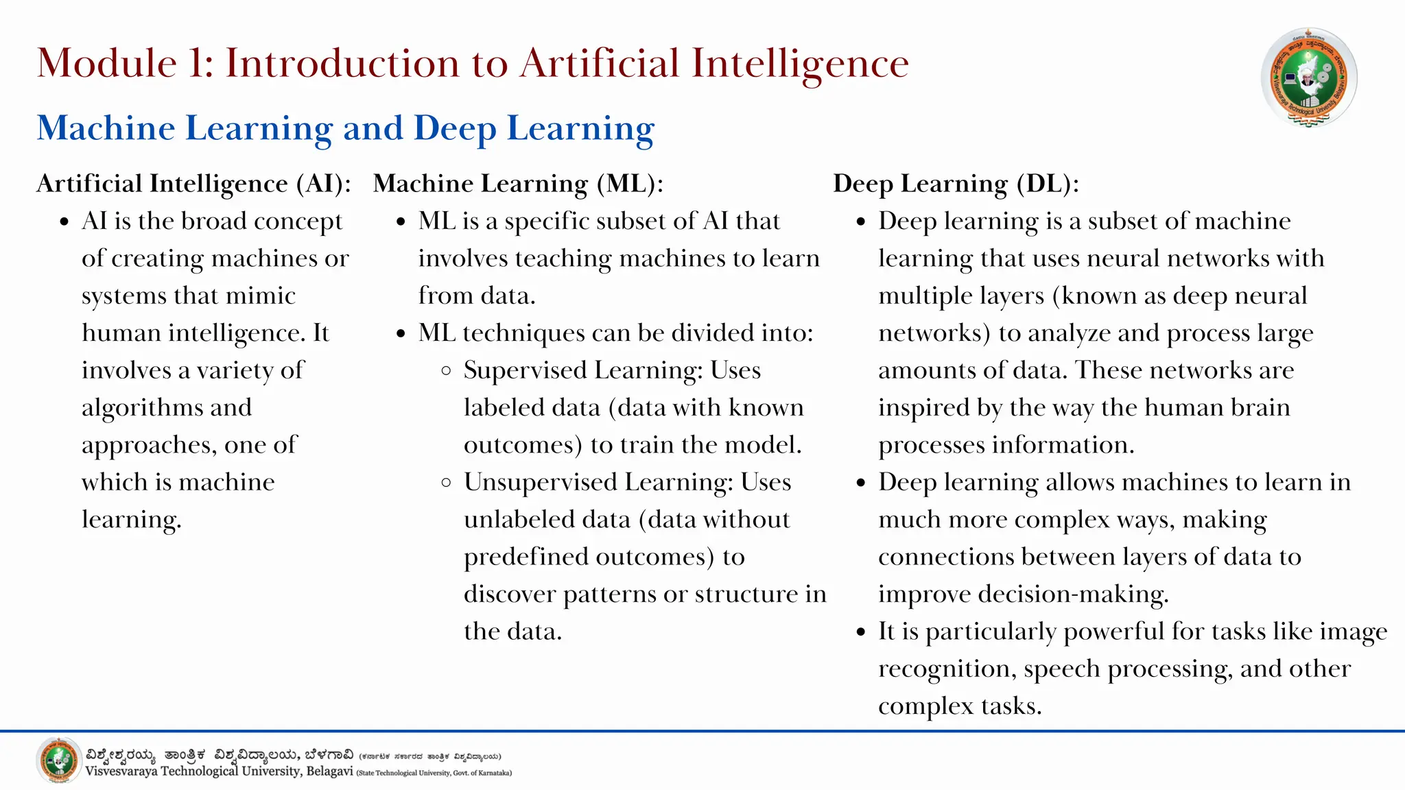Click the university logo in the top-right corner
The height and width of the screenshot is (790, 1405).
click(x=1309, y=77)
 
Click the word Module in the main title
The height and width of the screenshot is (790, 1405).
click(x=106, y=63)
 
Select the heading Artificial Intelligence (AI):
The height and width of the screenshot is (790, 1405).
click(x=193, y=184)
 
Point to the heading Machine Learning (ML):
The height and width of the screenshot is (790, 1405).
click(x=518, y=184)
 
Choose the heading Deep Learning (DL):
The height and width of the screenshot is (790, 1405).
click(x=956, y=184)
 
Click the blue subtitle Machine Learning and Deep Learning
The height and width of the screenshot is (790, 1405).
click(x=346, y=128)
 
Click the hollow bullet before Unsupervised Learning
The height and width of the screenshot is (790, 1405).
click(x=447, y=483)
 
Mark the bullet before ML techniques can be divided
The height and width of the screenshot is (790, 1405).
click(x=401, y=334)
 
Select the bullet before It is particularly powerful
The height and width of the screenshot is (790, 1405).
click(x=862, y=632)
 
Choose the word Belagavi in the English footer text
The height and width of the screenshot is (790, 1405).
click(x=329, y=771)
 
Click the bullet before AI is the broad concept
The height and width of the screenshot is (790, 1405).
click(x=64, y=222)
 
